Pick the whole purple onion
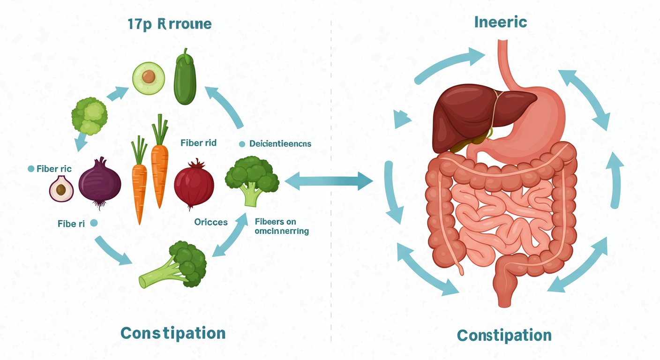point(100,182)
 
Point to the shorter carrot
point(139,180)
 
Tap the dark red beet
point(194,183)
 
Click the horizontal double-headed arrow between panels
point(329,181)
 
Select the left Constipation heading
point(173,333)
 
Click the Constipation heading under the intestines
point(504,335)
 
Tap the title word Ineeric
point(501,22)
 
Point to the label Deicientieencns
point(280,144)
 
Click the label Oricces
point(210,222)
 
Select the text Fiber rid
point(198,143)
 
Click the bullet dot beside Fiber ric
point(31,168)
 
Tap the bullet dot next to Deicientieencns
point(242,144)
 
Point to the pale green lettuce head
point(89,115)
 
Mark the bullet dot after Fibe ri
point(93,224)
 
